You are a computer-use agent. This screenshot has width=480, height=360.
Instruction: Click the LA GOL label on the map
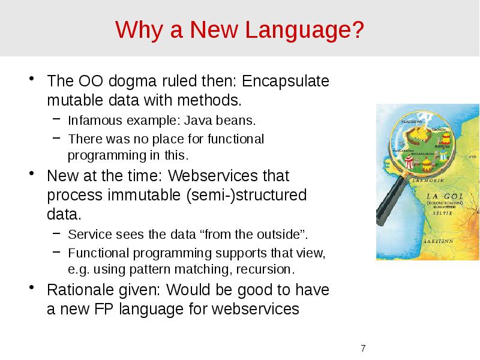coord(443,196)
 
